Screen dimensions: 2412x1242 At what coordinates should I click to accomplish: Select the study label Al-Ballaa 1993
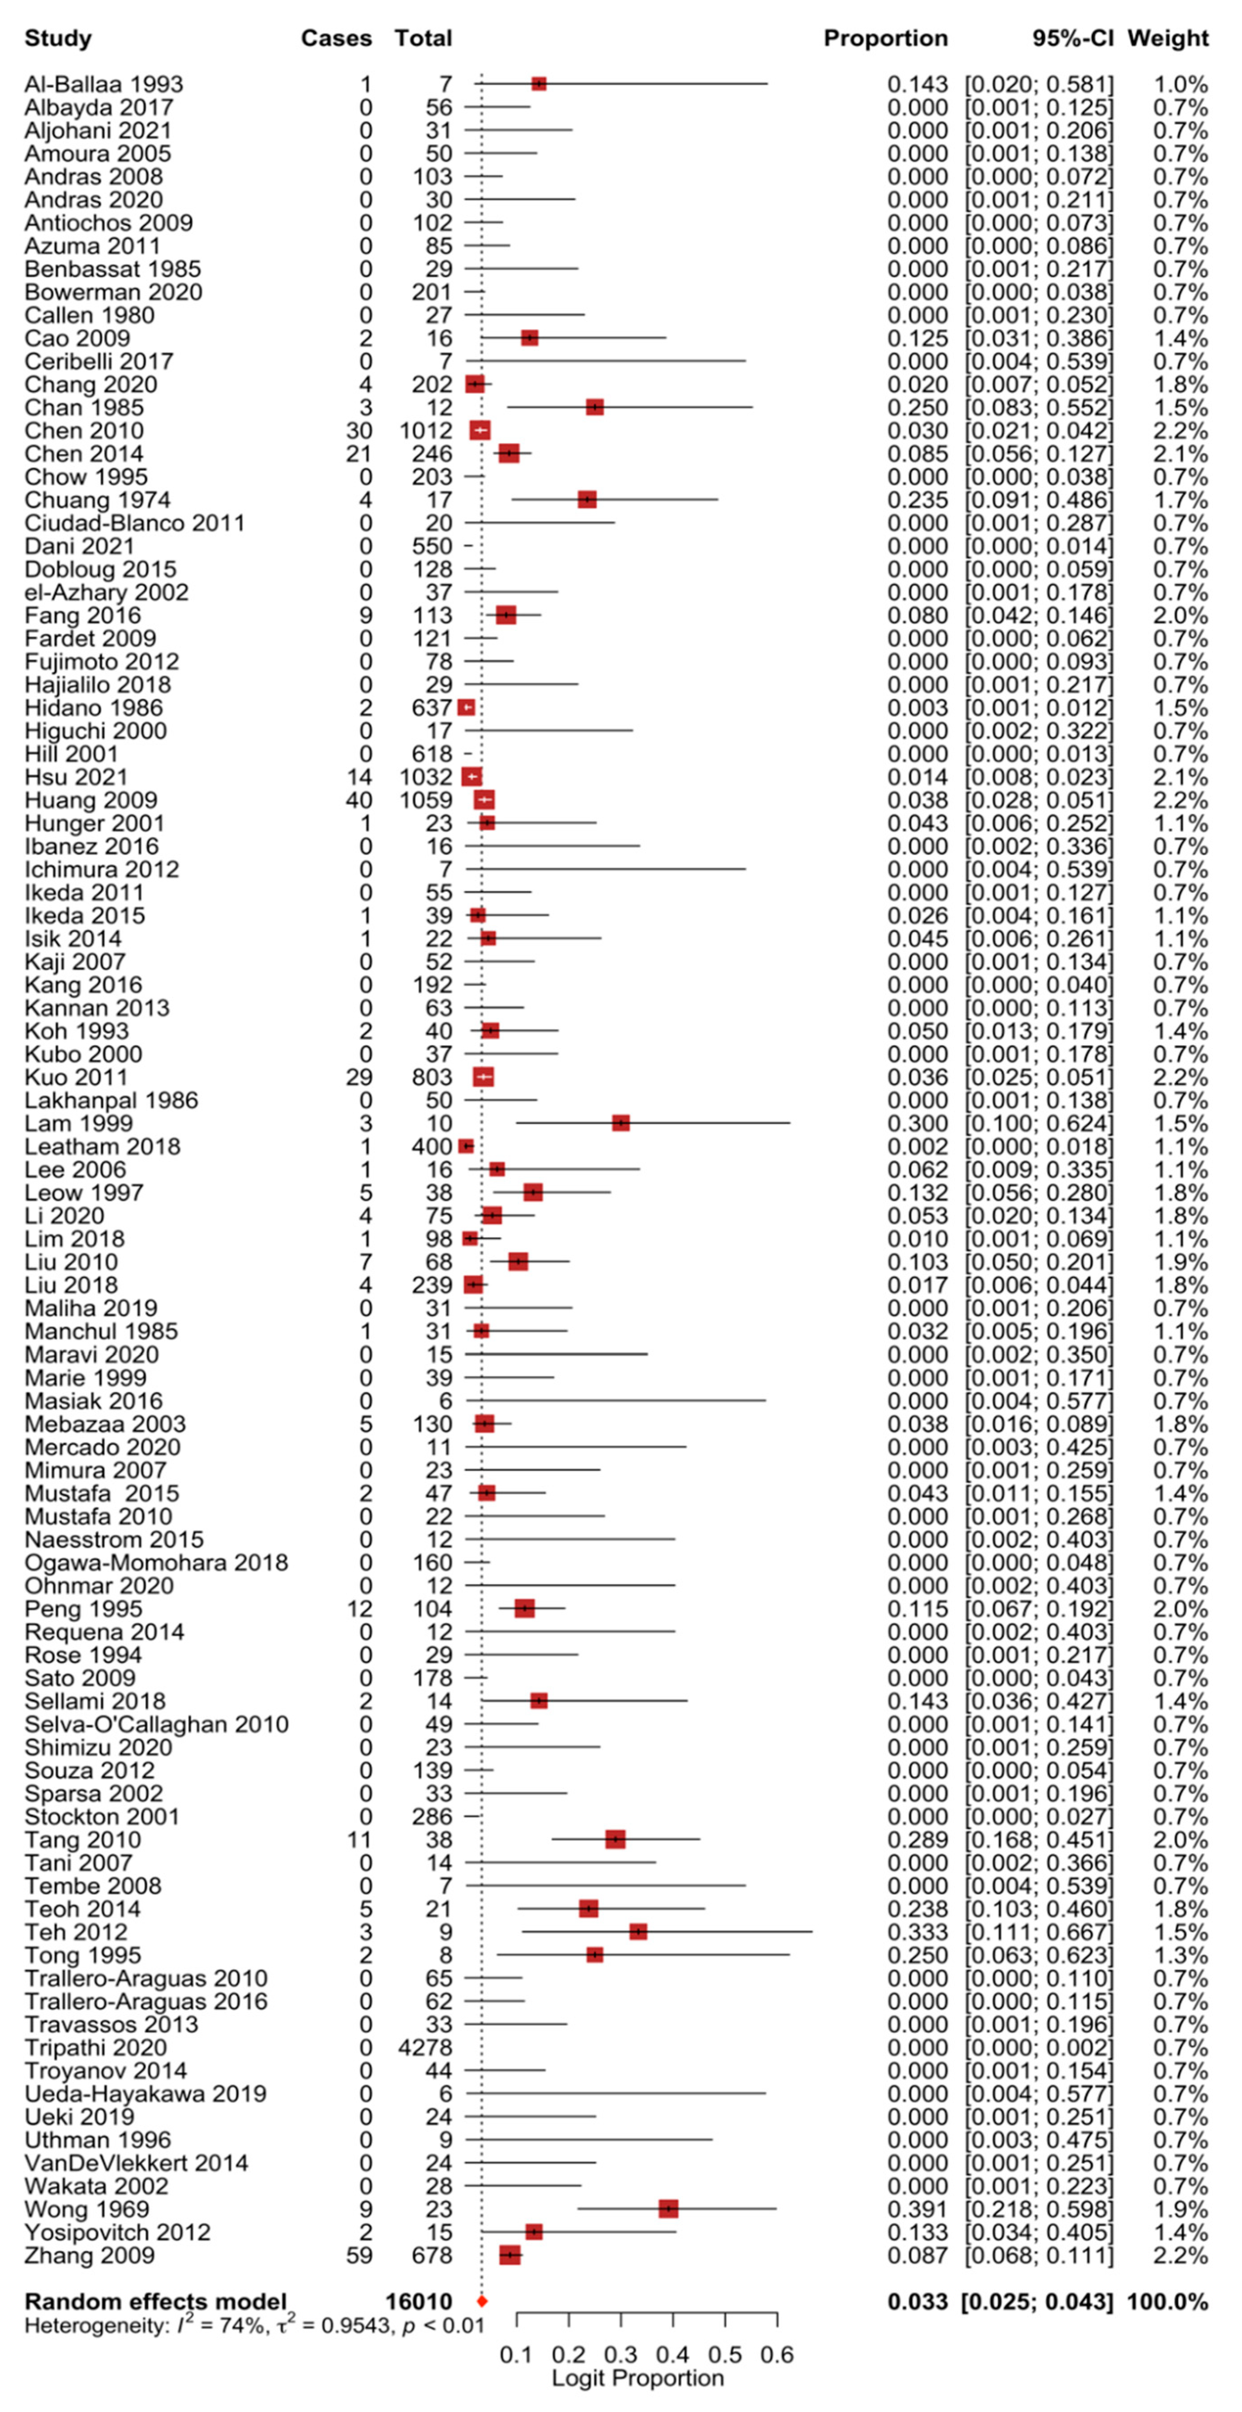103,84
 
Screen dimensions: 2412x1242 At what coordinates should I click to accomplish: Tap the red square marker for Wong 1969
668,2209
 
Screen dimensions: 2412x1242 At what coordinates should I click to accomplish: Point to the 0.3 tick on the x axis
620,2354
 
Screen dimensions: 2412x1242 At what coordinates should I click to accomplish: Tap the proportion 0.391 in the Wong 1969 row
917,2209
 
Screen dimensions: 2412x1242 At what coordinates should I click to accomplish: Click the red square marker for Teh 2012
638,1932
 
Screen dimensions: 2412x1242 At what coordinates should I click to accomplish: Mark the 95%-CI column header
1072,38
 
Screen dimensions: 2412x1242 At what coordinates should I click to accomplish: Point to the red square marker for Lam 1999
620,1123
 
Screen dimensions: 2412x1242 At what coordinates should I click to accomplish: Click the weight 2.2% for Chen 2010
1180,431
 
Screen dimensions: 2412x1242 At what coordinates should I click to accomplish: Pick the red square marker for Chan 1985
594,407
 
